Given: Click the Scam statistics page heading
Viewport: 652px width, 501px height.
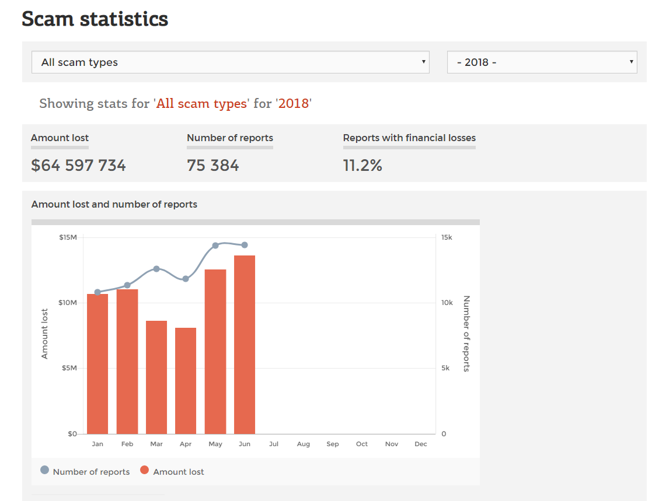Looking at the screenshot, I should (x=95, y=19).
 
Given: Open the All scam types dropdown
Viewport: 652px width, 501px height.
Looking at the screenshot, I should (x=231, y=62).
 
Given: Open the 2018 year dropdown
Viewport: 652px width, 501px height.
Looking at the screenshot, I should (x=542, y=62).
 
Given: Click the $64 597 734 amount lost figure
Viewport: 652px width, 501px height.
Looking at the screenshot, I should (x=78, y=166).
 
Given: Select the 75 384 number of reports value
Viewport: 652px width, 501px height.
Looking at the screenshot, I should (x=213, y=166).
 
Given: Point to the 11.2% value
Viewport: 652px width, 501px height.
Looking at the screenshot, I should (x=362, y=166).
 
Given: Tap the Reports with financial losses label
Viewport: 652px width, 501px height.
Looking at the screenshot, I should (x=409, y=138).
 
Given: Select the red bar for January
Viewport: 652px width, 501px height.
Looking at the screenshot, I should (x=97, y=365).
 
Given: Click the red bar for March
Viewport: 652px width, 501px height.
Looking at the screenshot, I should (x=156, y=377).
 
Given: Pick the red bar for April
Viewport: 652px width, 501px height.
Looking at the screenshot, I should (x=186, y=381).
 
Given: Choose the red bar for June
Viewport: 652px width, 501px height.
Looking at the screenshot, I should (x=245, y=345).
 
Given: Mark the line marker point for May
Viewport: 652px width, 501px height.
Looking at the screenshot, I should (x=215, y=246).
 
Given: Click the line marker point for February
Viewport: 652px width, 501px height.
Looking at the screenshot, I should (x=127, y=285).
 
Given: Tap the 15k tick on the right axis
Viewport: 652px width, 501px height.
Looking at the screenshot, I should (x=447, y=237).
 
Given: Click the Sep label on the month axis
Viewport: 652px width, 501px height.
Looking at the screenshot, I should (x=333, y=444).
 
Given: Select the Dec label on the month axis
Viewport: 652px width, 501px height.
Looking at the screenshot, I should (x=421, y=444).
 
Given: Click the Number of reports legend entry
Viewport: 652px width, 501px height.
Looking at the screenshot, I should (x=85, y=472).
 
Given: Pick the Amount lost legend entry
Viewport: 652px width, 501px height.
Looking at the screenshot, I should (x=173, y=472).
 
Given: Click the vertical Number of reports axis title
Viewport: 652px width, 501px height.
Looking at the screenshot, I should (x=466, y=334).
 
